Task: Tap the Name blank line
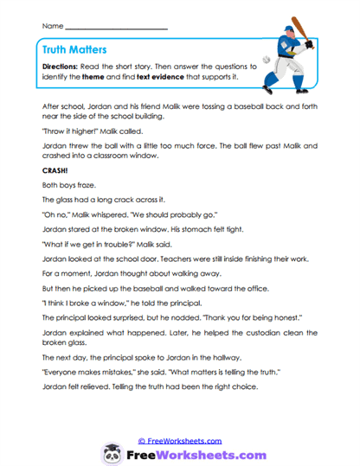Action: point(116,28)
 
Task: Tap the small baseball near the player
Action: point(266,61)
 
